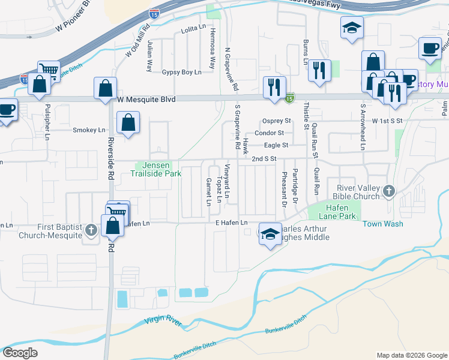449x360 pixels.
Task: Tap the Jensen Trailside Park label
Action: (x=155, y=169)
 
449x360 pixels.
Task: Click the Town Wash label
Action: (x=382, y=224)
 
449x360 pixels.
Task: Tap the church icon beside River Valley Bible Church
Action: (x=388, y=192)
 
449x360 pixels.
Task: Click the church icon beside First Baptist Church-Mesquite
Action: (x=91, y=230)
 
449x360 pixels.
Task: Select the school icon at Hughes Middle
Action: (x=270, y=234)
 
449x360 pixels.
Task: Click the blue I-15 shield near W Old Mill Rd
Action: (x=154, y=12)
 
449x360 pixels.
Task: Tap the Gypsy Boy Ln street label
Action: (x=181, y=72)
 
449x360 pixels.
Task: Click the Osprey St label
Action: (x=276, y=121)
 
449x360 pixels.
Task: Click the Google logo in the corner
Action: (x=20, y=353)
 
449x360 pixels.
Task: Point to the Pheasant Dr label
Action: (x=284, y=188)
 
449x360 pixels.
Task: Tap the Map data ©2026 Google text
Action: (x=412, y=355)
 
